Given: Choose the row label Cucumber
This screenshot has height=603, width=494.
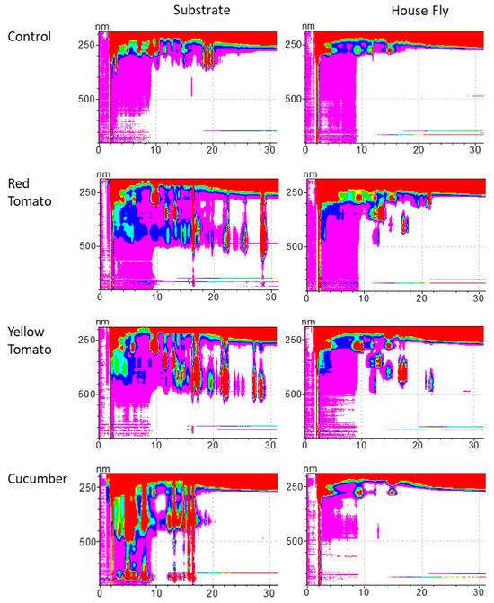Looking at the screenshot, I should pos(36,478).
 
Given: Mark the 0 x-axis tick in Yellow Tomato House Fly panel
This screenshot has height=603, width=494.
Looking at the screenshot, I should pos(306,445).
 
